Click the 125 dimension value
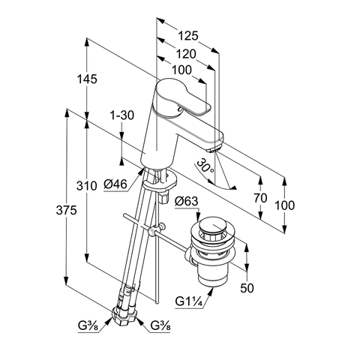tap(188, 36)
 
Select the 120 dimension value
tap(186, 54)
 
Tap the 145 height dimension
tap(86, 79)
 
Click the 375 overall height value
tap(66, 210)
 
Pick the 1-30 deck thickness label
tap(122, 115)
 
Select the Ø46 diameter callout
tap(115, 184)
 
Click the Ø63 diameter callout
tap(187, 201)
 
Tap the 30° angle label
tap(205, 166)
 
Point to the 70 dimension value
tap(260, 198)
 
